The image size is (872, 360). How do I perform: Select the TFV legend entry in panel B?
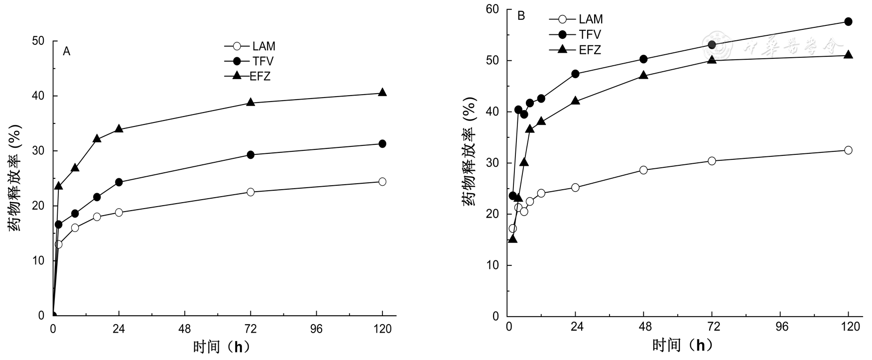pyautogui.click(x=590, y=34)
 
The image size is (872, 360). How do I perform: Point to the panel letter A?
pyautogui.click(x=66, y=51)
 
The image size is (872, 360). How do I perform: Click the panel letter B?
pyautogui.click(x=521, y=16)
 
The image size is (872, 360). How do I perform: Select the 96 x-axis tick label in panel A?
pyautogui.click(x=316, y=329)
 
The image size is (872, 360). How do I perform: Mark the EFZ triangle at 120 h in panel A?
pyautogui.click(x=382, y=92)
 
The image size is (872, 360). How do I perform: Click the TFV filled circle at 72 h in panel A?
pyautogui.click(x=250, y=155)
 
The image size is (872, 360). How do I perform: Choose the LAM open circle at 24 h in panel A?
pyautogui.click(x=119, y=212)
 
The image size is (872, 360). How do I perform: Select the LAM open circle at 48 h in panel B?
pyautogui.click(x=643, y=170)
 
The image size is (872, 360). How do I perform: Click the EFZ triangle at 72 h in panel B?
pyautogui.click(x=712, y=59)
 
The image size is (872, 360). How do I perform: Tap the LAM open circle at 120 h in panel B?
pyautogui.click(x=848, y=150)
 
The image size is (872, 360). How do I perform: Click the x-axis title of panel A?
pyautogui.click(x=221, y=346)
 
